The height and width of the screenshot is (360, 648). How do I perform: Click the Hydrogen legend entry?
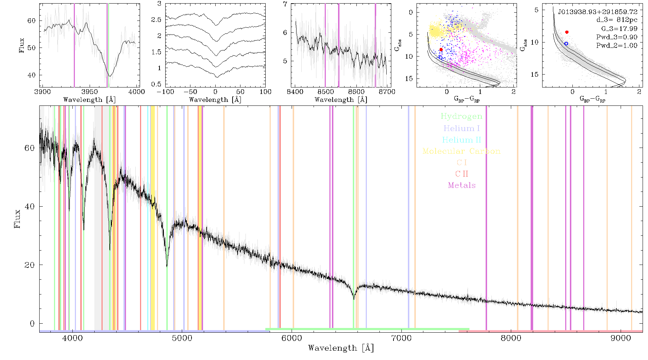[462, 116]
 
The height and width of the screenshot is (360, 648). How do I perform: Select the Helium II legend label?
[462, 140]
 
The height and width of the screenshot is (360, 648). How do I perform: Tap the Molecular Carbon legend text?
[462, 151]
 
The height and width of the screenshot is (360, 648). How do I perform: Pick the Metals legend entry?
[462, 185]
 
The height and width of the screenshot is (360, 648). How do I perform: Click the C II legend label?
[462, 174]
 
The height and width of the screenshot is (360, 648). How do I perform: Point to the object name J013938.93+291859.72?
[598, 12]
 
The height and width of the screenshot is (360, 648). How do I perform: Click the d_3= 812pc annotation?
[617, 20]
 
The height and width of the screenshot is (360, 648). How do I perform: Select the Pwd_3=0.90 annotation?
[617, 37]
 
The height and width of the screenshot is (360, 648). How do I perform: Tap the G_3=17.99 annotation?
[619, 29]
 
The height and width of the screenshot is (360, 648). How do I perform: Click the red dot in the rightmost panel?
[567, 32]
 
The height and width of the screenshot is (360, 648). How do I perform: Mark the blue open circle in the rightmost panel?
[566, 44]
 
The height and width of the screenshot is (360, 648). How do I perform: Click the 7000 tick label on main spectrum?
[401, 338]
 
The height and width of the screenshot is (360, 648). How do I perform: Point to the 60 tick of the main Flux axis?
[30, 148]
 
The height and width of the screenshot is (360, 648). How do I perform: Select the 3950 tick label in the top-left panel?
[89, 91]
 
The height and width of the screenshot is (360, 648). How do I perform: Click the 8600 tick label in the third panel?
[356, 91]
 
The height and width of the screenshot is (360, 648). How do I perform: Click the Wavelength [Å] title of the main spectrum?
[341, 348]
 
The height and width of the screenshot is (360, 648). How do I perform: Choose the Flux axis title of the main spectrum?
[17, 218]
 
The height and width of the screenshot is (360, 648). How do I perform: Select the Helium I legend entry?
[462, 128]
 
